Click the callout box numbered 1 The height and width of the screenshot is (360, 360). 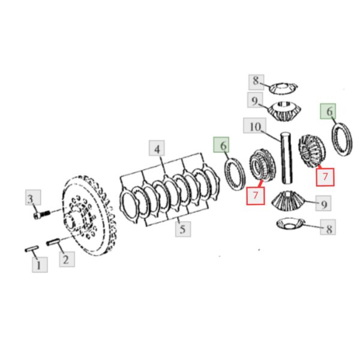[x=40, y=265]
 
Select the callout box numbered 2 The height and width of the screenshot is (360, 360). [x=67, y=259]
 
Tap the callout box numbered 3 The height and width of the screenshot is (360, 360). [x=33, y=197]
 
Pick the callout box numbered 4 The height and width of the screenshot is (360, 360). [x=157, y=148]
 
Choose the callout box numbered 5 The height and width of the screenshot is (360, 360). [x=183, y=229]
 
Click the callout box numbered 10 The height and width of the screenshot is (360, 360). [x=255, y=125]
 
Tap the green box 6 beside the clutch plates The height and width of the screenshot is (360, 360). [x=221, y=145]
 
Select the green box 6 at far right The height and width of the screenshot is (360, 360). [x=328, y=111]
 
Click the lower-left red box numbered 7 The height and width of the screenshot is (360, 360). [x=256, y=196]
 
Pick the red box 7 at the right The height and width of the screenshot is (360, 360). [x=325, y=177]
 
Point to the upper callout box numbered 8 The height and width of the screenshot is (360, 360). [x=256, y=82]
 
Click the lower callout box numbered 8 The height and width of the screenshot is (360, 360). [x=328, y=227]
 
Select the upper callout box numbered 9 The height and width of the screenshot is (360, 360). [x=255, y=100]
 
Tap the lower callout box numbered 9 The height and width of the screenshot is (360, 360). [x=323, y=203]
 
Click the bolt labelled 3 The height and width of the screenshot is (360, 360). [x=42, y=215]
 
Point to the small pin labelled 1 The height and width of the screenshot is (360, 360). [x=32, y=248]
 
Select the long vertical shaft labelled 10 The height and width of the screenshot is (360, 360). [x=286, y=158]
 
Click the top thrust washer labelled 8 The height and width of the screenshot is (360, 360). [x=283, y=88]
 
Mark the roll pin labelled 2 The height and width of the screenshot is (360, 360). [x=53, y=242]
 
